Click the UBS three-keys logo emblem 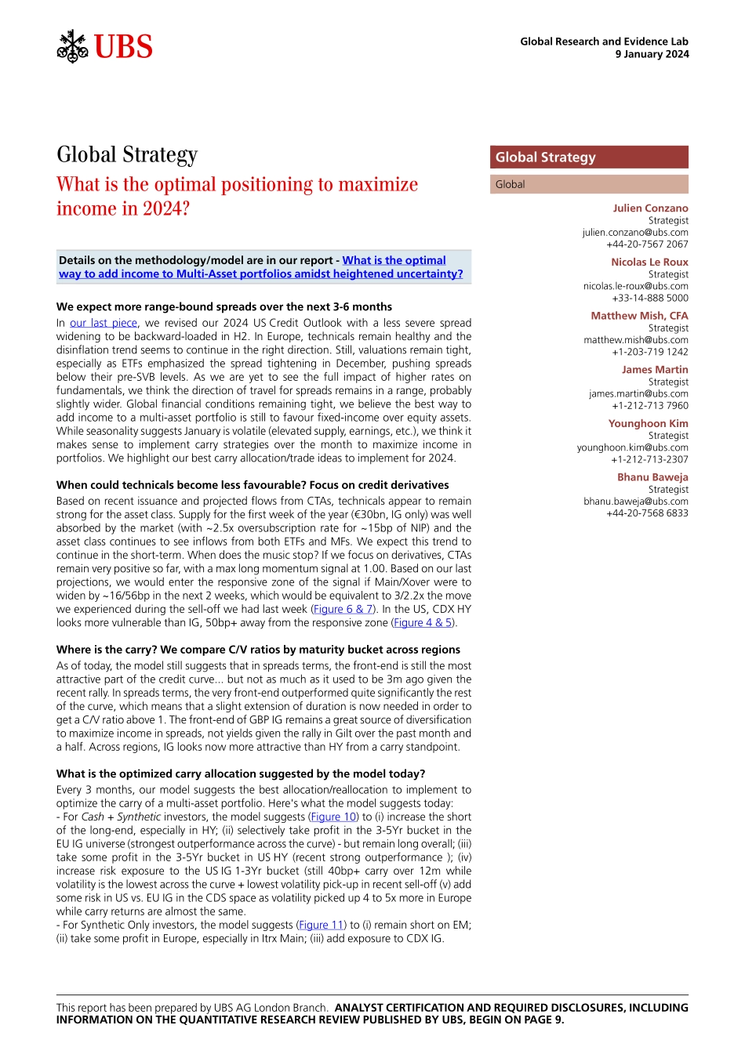[x=72, y=47]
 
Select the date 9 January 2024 [x=652, y=54]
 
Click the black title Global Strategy [x=127, y=154]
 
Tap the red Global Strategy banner [x=589, y=157]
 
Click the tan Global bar [x=589, y=184]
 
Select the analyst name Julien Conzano [x=650, y=208]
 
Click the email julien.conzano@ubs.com [x=634, y=232]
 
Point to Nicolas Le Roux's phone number [x=649, y=298]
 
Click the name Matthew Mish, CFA [x=639, y=316]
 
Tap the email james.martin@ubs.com [x=638, y=393]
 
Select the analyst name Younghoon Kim [x=648, y=423]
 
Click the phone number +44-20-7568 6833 [x=647, y=513]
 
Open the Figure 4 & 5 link [x=423, y=622]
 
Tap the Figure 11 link [x=321, y=925]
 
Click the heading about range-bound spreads [x=224, y=306]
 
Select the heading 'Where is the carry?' [x=258, y=649]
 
